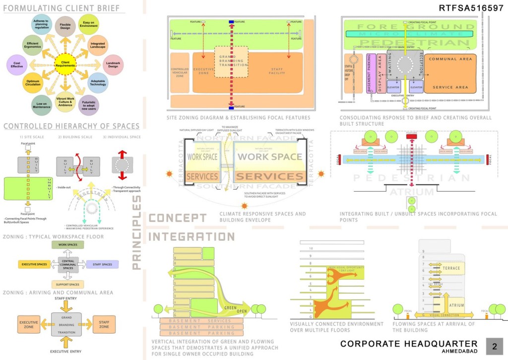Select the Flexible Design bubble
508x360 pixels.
coord(65,25)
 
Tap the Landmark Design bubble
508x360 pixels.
coord(112,64)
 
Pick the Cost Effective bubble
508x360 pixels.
coord(17,65)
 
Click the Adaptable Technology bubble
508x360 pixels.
coord(98,82)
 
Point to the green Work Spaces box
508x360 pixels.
coord(66,245)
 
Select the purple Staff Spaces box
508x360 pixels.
coord(103,265)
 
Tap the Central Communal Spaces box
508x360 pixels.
coord(66,265)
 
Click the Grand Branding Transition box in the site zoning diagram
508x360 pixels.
coord(231,62)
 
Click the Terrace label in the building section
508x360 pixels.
coord(451,269)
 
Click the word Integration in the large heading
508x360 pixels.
coord(191,237)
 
